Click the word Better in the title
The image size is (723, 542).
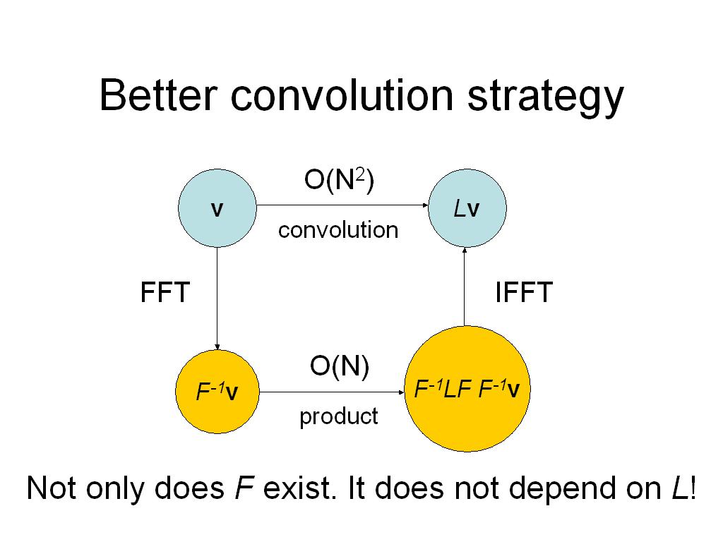[x=158, y=95]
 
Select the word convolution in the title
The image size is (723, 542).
[x=342, y=95]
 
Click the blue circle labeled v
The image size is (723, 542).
[x=217, y=208]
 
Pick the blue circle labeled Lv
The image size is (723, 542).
[x=467, y=208]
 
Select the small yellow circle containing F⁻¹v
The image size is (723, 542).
[x=217, y=391]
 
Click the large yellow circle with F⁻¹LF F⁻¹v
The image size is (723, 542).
[x=467, y=389]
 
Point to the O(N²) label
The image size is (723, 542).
[x=339, y=180]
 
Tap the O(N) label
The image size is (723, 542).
[x=340, y=366]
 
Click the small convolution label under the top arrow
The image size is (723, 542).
[x=338, y=230]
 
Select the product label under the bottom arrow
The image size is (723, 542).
[x=338, y=416]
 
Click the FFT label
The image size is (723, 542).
[x=165, y=291]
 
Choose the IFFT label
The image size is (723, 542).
[x=524, y=291]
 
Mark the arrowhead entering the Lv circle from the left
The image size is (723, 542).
[x=426, y=205]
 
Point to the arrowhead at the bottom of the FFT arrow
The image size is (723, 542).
[x=217, y=347]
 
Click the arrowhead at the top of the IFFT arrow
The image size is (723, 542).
[x=465, y=251]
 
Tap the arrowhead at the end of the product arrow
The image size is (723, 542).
[x=401, y=392]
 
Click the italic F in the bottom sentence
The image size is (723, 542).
[x=244, y=488]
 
